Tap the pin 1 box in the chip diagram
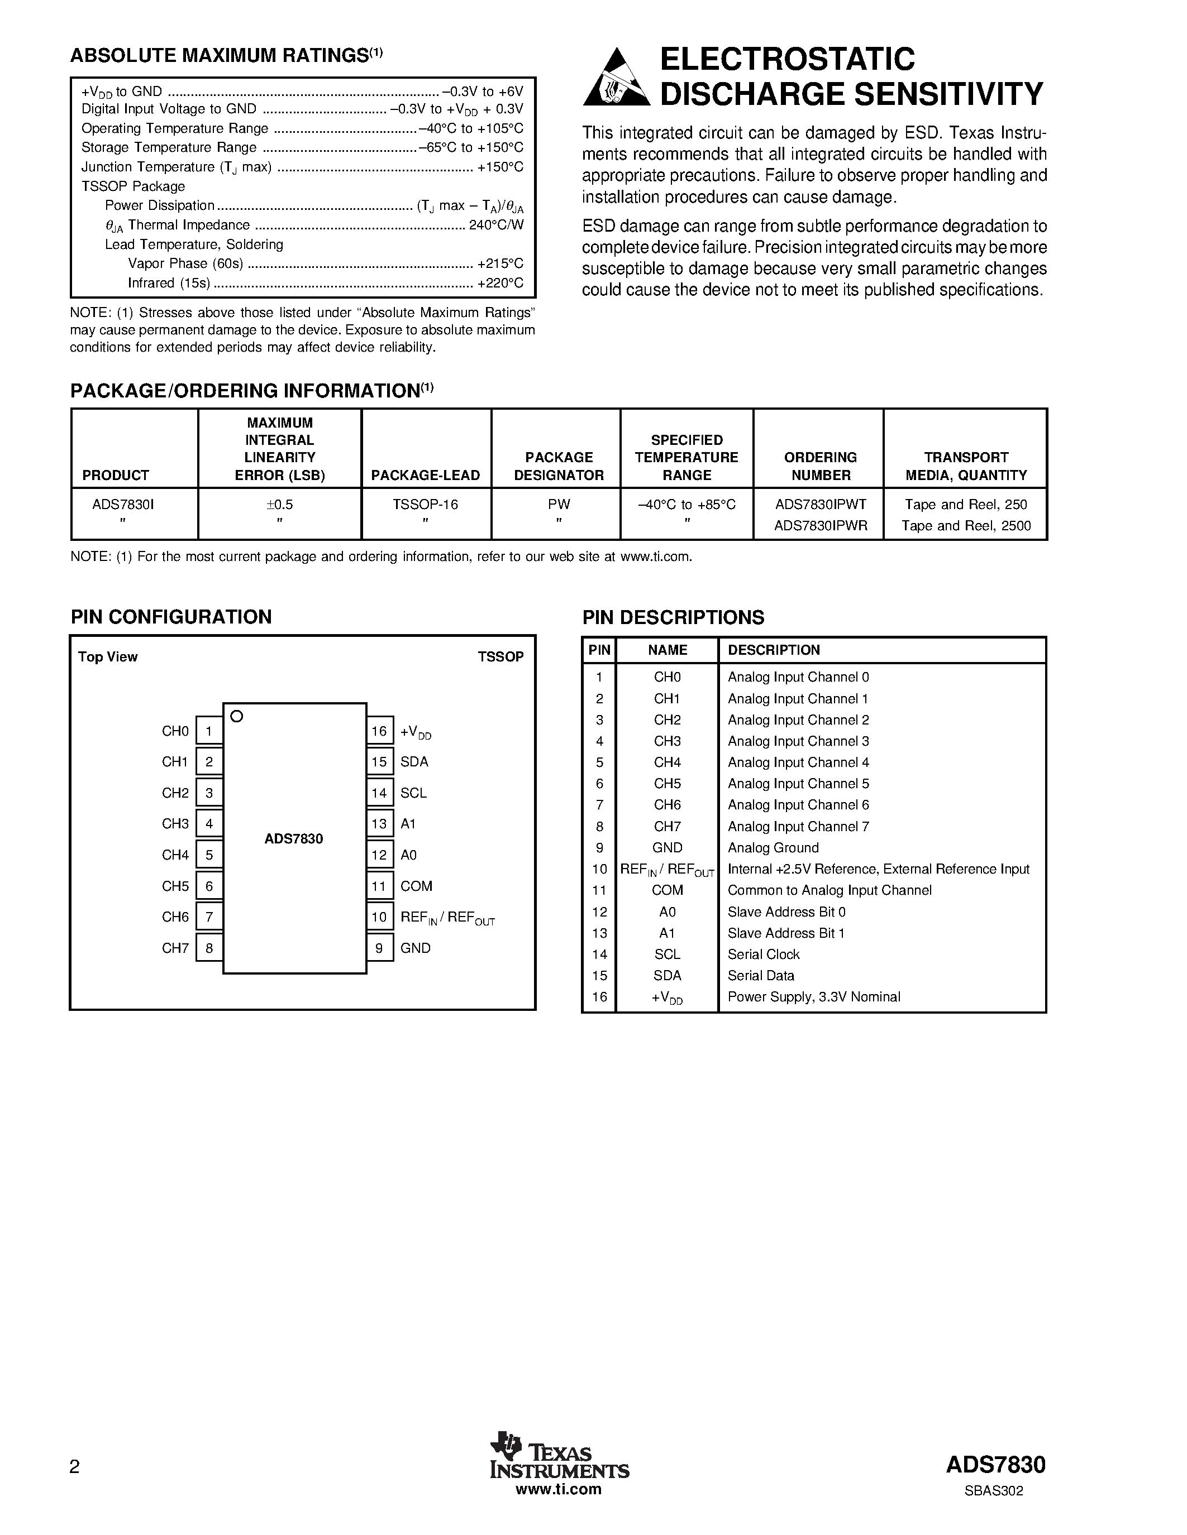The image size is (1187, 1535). pos(209,731)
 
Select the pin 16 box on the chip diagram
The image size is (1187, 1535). pos(379,731)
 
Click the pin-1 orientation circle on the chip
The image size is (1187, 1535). pos(237,716)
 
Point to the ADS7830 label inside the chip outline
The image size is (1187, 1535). pos(294,838)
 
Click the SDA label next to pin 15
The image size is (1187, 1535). pos(414,762)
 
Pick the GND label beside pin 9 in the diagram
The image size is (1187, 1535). pos(415,948)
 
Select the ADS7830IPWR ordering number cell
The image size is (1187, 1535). pos(821,526)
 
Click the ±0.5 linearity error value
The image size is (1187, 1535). pos(280,505)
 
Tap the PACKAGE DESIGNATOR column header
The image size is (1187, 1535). pos(559,466)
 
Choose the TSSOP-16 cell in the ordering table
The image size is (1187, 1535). pos(426,505)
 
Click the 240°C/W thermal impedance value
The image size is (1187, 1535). pos(497,225)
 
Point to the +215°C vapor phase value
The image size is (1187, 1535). pos(500,263)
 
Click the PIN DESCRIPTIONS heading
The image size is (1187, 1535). pos(673,617)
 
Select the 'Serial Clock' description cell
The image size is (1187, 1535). pos(764,954)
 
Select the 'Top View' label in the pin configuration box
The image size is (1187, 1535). pos(108,656)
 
